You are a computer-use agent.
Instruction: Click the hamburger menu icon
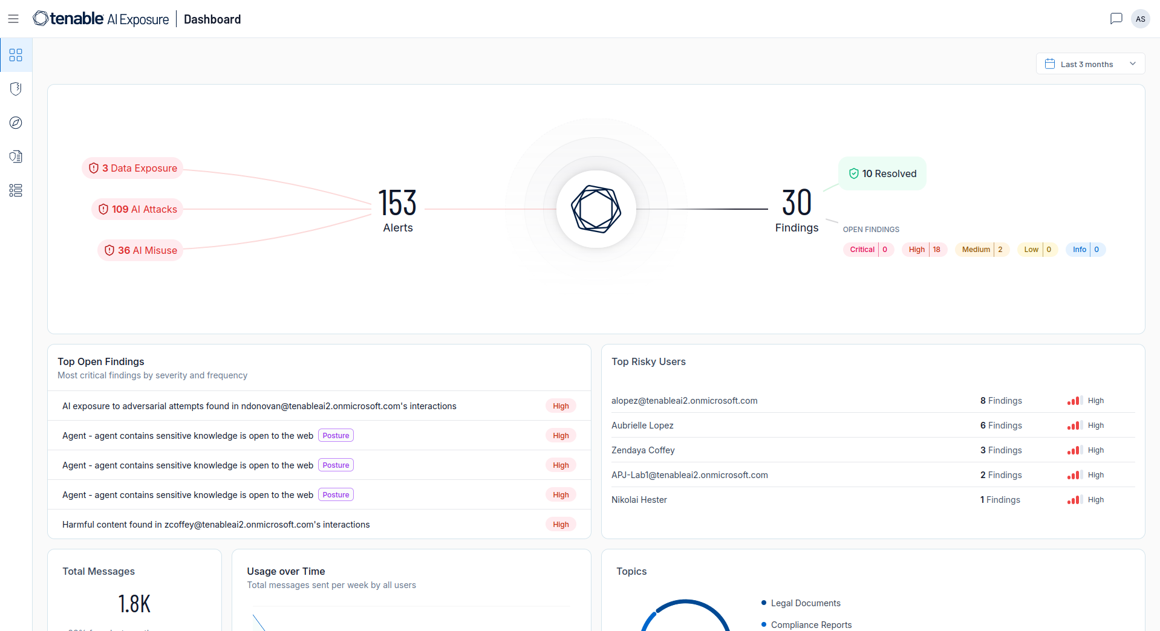point(13,19)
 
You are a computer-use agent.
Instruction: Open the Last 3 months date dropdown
point(1090,64)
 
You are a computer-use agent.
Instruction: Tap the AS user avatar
point(1140,19)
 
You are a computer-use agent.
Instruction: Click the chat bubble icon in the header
point(1116,19)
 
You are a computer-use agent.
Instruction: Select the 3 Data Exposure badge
point(132,168)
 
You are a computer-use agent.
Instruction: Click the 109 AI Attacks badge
point(137,209)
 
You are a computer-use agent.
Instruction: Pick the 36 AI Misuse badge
point(140,250)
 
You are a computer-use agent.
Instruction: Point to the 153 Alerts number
point(397,203)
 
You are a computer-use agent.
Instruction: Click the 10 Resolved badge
point(882,174)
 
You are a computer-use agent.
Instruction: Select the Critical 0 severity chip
point(868,250)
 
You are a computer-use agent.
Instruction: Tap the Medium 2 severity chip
point(982,250)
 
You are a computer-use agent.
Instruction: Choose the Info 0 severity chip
point(1086,250)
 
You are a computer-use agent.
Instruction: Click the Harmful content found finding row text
point(216,525)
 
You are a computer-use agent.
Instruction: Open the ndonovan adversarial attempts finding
point(259,406)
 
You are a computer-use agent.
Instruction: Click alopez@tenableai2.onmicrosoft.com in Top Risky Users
point(684,401)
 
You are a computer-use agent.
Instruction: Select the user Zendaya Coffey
point(643,450)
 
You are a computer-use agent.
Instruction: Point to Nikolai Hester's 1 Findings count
point(1000,500)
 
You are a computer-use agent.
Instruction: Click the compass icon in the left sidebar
point(16,123)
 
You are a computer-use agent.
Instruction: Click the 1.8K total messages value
point(134,604)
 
